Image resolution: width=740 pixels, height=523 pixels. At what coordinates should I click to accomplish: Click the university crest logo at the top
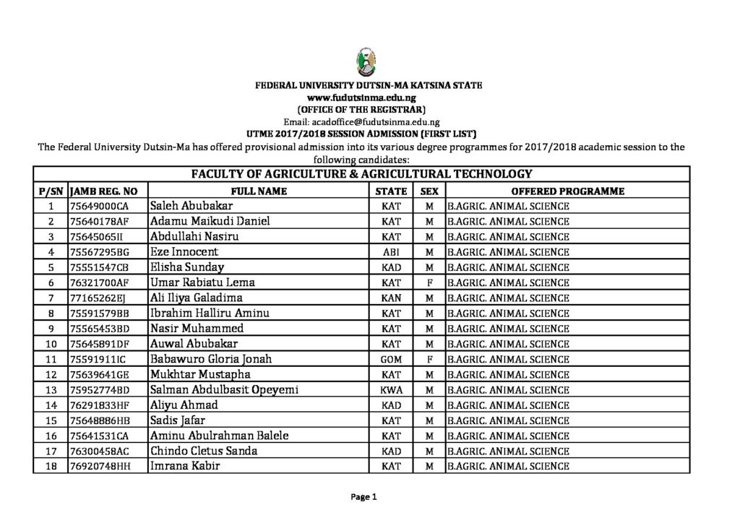361,64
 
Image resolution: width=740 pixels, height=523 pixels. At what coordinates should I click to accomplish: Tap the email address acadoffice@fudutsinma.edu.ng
361,122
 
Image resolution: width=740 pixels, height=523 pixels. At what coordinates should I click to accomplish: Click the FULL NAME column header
259,191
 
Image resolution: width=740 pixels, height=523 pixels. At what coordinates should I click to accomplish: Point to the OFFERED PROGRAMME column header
567,191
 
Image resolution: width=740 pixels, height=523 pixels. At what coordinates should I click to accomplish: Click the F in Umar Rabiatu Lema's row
429,283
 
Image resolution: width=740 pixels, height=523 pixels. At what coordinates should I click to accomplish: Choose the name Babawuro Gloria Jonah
210,359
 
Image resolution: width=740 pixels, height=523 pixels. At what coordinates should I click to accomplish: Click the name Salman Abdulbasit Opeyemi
224,390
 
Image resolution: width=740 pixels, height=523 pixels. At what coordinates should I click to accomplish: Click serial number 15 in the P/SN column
51,420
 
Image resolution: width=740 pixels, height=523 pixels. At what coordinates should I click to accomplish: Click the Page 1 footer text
365,497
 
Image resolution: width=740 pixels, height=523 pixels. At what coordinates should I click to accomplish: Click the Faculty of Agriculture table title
361,173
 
